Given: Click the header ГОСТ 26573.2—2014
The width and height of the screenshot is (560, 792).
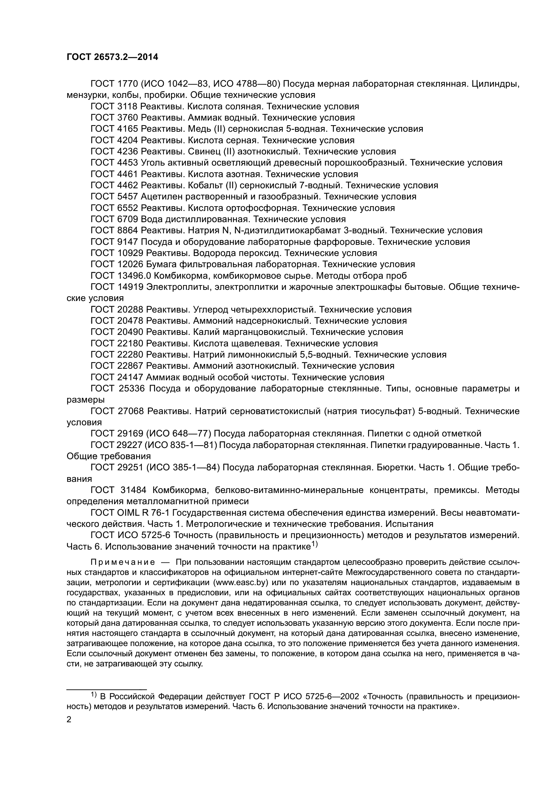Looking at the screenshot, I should pos(112,57).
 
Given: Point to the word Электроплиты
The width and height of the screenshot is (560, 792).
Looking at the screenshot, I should pos(179,287).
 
